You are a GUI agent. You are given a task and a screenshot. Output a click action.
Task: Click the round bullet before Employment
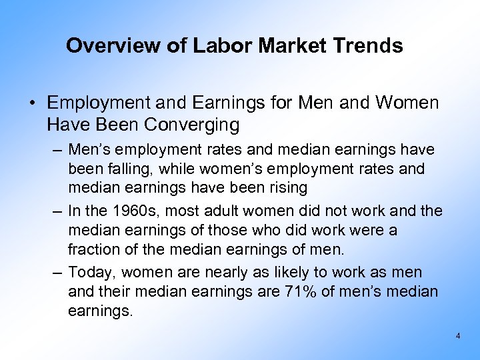tap(31, 103)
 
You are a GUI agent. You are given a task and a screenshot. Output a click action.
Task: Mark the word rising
tap(284, 187)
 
